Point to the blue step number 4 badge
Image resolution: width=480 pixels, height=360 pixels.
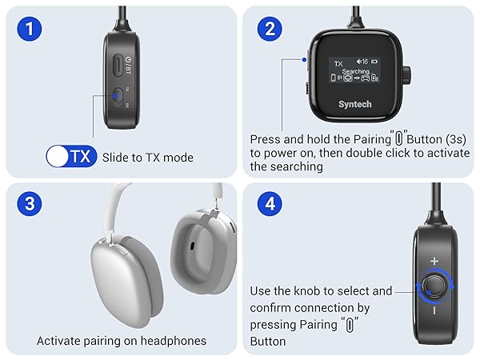(269, 203)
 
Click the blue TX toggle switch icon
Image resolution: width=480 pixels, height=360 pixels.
(70, 157)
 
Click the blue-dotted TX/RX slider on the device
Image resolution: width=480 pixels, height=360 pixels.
(118, 97)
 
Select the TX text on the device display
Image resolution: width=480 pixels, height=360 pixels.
(338, 61)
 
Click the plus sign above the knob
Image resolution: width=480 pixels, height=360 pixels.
(434, 261)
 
